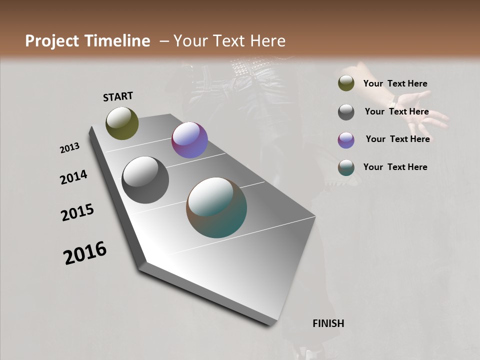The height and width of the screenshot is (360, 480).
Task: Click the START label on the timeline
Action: pos(118,96)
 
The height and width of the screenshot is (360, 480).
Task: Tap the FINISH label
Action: pos(328,323)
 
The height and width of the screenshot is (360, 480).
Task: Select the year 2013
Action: pos(70,148)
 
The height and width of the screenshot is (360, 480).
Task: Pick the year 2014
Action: pos(74,177)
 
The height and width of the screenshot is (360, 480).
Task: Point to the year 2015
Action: pos(77,212)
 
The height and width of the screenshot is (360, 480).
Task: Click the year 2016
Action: pos(85,252)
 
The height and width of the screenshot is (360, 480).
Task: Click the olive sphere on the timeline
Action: pos(122,123)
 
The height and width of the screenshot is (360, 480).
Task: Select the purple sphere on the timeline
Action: pos(189,140)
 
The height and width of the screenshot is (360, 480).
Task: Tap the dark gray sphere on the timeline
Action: pos(145,180)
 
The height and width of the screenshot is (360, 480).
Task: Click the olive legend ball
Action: pos(346,83)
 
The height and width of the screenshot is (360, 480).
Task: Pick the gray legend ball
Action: pos(346,112)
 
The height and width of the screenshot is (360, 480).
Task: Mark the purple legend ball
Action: pos(346,140)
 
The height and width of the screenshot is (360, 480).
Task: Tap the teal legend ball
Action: pos(346,167)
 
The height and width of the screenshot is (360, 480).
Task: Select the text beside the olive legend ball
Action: pos(395,83)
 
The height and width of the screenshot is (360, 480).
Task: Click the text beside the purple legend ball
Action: pos(397,139)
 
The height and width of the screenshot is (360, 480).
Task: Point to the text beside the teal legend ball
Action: pos(395,167)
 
